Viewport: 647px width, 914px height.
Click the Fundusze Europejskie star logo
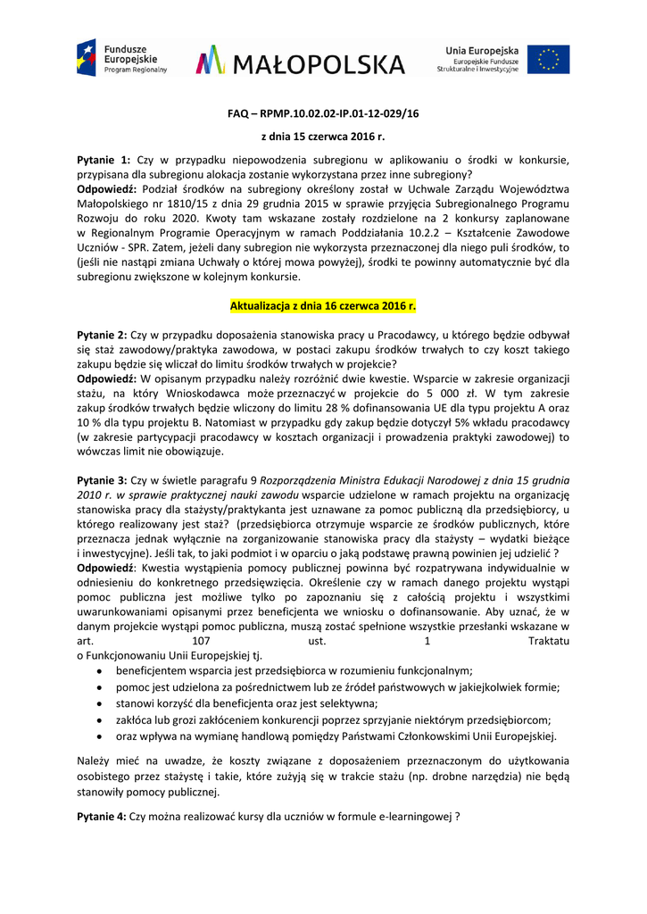tap(87, 58)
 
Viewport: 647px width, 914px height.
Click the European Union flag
tap(548, 59)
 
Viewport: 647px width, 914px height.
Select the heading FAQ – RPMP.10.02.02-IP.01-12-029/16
tap(323, 114)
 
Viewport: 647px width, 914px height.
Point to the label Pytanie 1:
tap(104, 159)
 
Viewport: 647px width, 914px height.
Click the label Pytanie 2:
tap(103, 335)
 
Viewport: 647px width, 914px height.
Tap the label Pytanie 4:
tap(103, 816)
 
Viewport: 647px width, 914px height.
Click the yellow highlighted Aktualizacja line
tap(323, 306)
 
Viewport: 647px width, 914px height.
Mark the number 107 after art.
tap(201, 641)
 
